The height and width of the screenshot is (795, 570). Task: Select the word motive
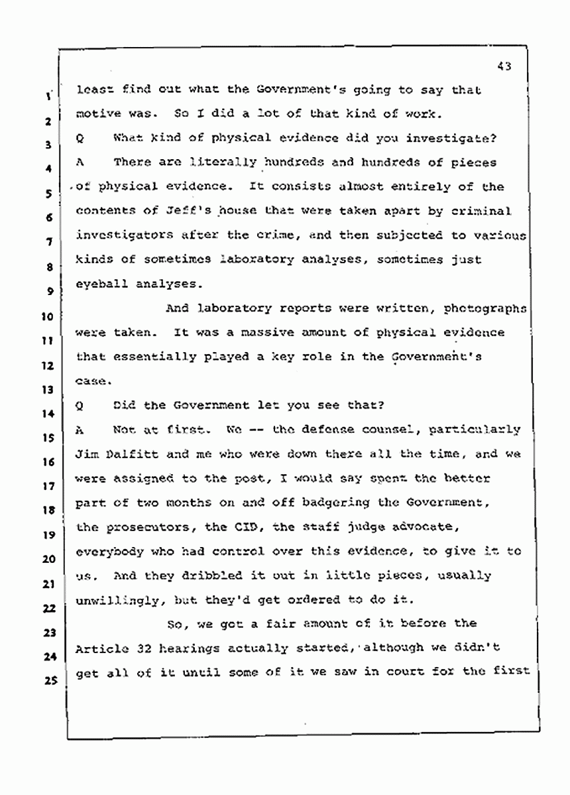point(95,113)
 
